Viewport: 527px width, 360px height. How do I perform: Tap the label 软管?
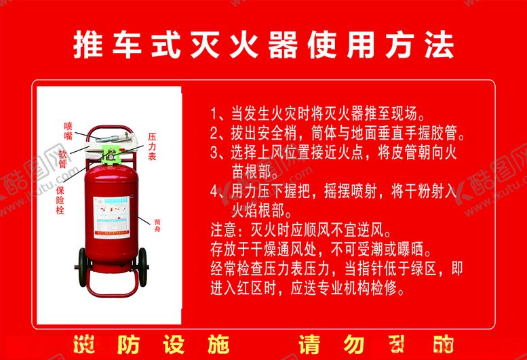point(63,158)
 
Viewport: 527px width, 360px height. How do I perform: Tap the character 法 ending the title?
point(439,45)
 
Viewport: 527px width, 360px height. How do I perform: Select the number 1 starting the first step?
point(215,113)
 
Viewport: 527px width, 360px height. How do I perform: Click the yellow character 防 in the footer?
point(129,344)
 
